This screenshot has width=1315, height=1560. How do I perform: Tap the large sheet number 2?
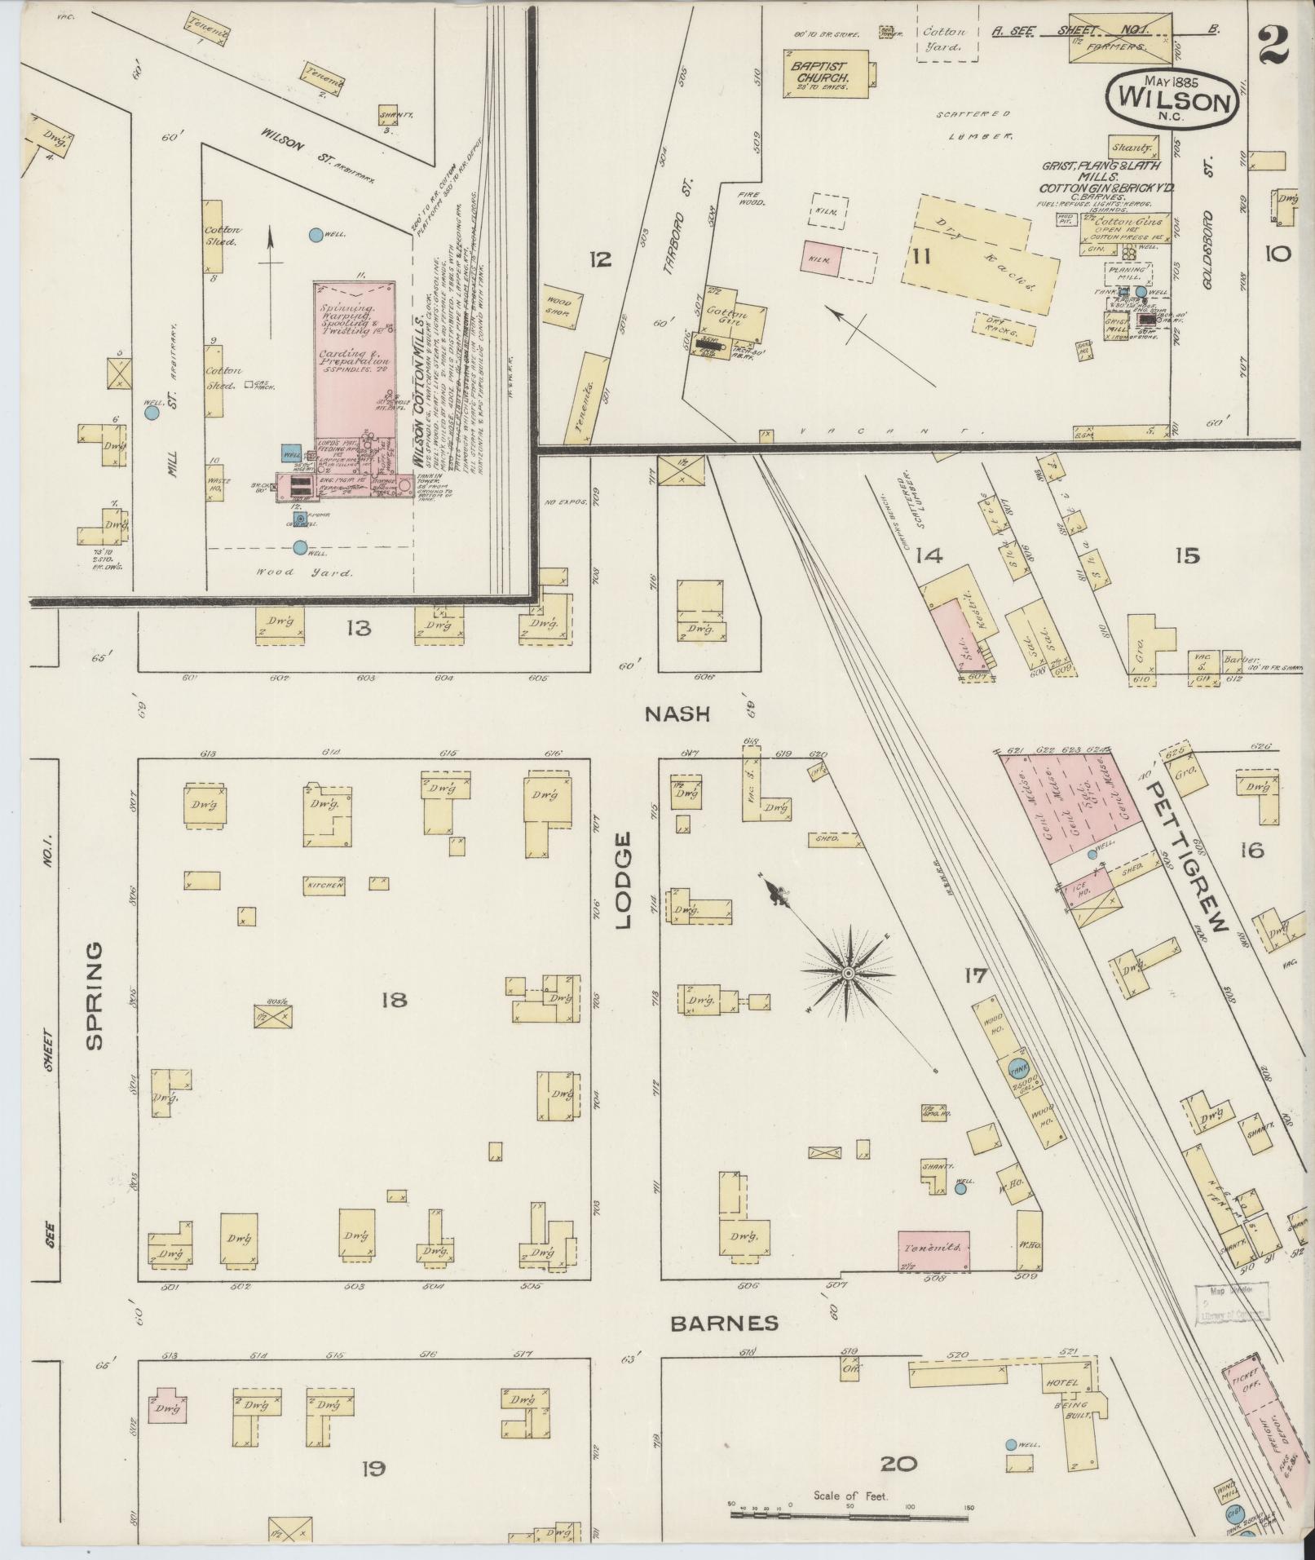click(x=1273, y=44)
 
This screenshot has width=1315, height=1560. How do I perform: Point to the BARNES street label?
click(x=724, y=1323)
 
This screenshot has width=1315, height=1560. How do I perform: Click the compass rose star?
click(x=848, y=973)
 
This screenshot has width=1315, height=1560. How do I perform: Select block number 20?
click(x=898, y=1464)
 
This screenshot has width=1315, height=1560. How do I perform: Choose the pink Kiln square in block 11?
click(x=821, y=260)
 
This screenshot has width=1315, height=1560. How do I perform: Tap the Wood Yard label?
click(x=304, y=572)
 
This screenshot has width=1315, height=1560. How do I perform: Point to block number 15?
click(x=1187, y=556)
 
